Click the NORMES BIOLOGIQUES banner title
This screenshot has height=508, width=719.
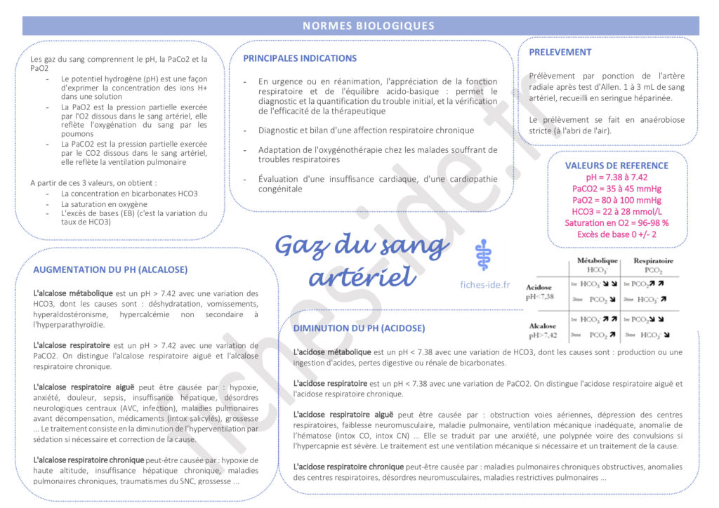pyautogui.click(x=369, y=26)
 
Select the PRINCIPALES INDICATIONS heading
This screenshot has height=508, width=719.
pyautogui.click(x=300, y=58)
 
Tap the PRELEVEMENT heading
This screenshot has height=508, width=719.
pyautogui.click(x=560, y=52)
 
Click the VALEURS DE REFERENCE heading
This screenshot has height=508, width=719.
pyautogui.click(x=616, y=166)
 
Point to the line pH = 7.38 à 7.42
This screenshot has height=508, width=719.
pyautogui.click(x=616, y=178)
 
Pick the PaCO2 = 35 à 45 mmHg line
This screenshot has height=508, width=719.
pyautogui.click(x=616, y=189)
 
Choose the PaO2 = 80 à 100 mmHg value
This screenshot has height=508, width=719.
pyautogui.click(x=616, y=200)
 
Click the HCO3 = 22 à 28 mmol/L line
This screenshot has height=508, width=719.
pyautogui.click(x=616, y=211)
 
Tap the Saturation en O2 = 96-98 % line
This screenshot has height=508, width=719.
pyautogui.click(x=616, y=222)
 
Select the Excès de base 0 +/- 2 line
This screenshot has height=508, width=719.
pyautogui.click(x=616, y=234)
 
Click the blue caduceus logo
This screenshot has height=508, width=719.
pyautogui.click(x=482, y=256)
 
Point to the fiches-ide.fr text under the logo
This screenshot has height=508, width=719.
pyautogui.click(x=484, y=285)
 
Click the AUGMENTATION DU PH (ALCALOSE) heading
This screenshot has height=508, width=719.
pyautogui.click(x=110, y=269)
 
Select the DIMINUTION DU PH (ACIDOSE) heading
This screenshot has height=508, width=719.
pyautogui.click(x=359, y=328)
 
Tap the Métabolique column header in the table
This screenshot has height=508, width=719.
pyautogui.click(x=597, y=260)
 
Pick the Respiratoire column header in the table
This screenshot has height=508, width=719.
pyautogui.click(x=653, y=260)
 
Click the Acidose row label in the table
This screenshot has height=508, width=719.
pyautogui.click(x=539, y=287)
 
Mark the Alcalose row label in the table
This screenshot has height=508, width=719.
pyautogui.click(x=542, y=326)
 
